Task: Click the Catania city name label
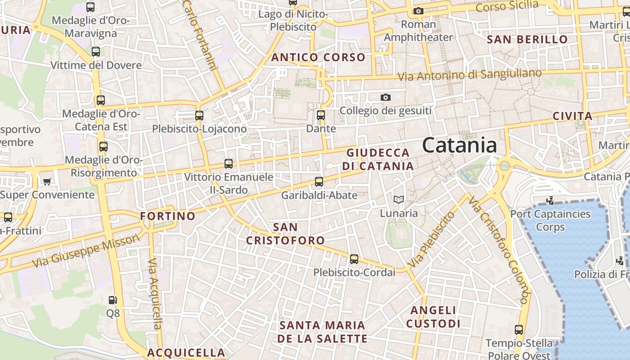click(x=459, y=145)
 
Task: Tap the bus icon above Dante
click(x=321, y=115)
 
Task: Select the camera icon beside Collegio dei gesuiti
click(x=385, y=97)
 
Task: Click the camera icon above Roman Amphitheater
click(x=418, y=11)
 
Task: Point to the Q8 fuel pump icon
click(x=113, y=300)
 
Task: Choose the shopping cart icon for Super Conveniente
click(x=47, y=181)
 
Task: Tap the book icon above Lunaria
click(x=399, y=199)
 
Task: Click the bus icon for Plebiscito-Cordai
click(x=354, y=259)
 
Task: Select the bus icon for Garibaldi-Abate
click(x=319, y=182)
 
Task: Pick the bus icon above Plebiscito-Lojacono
click(x=199, y=116)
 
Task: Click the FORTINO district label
click(x=167, y=216)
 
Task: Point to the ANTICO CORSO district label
click(x=318, y=57)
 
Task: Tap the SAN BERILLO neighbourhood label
click(x=527, y=39)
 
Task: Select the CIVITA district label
click(x=572, y=116)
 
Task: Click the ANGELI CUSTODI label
click(x=433, y=317)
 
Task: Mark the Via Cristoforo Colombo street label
click(x=498, y=250)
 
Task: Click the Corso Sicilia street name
click(x=507, y=6)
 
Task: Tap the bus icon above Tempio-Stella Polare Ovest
click(x=519, y=330)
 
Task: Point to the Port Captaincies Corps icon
click(x=550, y=200)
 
